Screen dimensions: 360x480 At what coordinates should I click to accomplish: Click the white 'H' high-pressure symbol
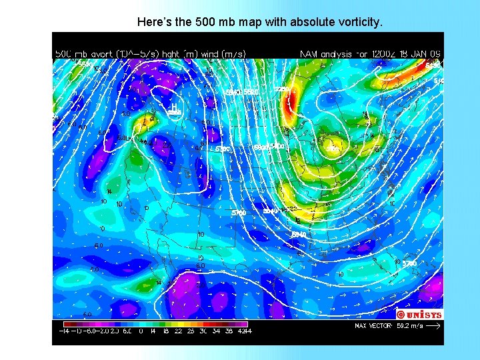coord(173,106)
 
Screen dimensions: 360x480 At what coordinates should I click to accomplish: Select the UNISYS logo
coord(419,314)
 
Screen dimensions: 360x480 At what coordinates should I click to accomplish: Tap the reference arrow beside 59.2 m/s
coord(433,327)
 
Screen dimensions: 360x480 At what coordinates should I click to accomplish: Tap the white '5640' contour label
coord(299,235)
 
